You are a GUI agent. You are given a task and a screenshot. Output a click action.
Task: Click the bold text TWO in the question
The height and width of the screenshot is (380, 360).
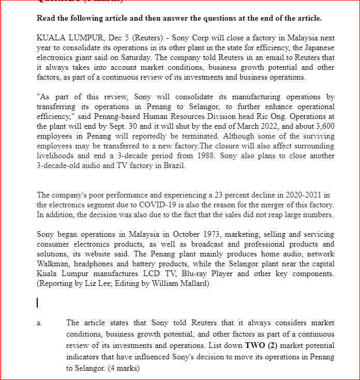pyautogui.click(x=257, y=345)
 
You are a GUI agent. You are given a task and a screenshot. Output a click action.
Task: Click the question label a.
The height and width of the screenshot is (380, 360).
pyautogui.click(x=39, y=323)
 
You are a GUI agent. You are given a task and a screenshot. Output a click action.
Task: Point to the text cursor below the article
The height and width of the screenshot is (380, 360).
pyautogui.click(x=38, y=302)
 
